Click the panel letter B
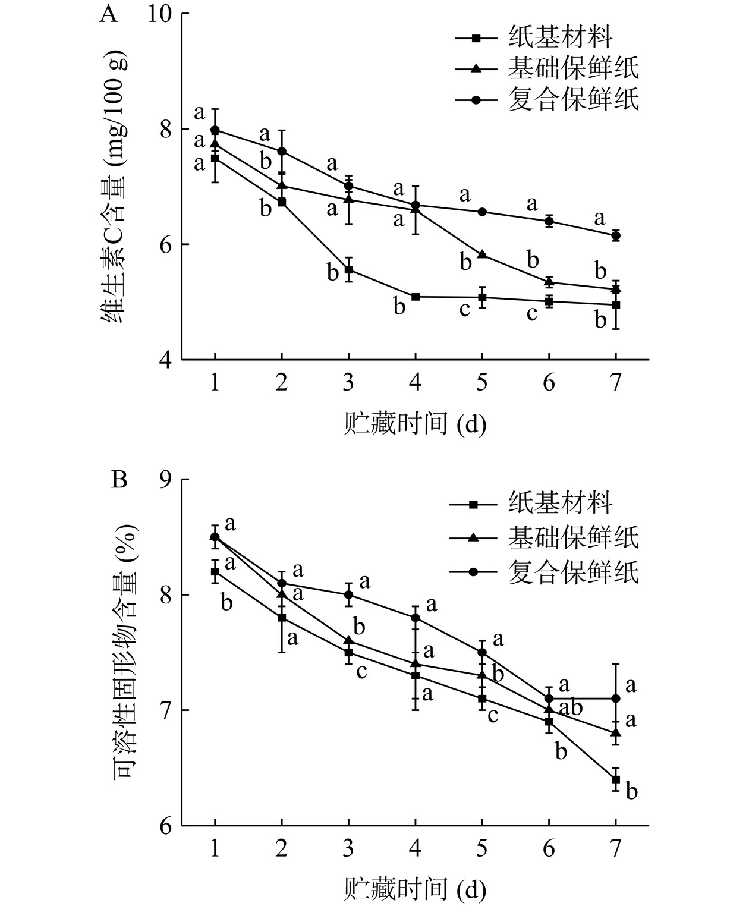tap(119, 480)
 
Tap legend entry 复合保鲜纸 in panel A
tap(574, 99)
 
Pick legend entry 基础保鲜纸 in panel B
tap(574, 537)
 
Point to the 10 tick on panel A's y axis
tap(159, 14)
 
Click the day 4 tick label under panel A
tap(415, 382)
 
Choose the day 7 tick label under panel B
tap(616, 848)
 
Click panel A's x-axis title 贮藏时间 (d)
tap(415, 425)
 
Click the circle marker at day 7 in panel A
tap(616, 236)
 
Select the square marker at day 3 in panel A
tap(348, 270)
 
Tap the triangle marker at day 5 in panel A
tap(482, 254)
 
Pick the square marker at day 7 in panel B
tap(616, 779)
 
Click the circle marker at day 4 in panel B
tap(415, 618)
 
